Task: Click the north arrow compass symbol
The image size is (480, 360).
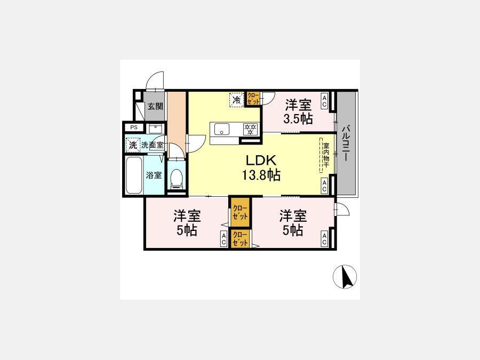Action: [345, 277]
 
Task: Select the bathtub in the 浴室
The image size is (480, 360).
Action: [134, 175]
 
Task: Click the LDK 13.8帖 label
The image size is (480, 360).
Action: [261, 168]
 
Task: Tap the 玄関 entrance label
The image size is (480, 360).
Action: [156, 107]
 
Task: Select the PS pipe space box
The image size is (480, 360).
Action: [134, 127]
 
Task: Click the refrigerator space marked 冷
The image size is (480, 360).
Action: [237, 100]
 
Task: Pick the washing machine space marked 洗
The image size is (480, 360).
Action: [133, 145]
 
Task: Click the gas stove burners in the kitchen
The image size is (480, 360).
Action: [251, 129]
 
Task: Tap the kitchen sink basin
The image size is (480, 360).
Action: [222, 129]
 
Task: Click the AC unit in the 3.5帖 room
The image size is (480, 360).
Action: [324, 101]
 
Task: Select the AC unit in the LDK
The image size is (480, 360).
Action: [324, 186]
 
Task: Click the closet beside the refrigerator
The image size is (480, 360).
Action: [253, 99]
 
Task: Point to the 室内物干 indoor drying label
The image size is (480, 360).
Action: [326, 155]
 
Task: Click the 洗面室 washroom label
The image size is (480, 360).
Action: [152, 145]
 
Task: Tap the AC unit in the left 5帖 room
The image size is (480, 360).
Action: [224, 239]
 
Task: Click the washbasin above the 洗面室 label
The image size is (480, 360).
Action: [156, 129]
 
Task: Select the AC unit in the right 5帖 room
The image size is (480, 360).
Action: [324, 239]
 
